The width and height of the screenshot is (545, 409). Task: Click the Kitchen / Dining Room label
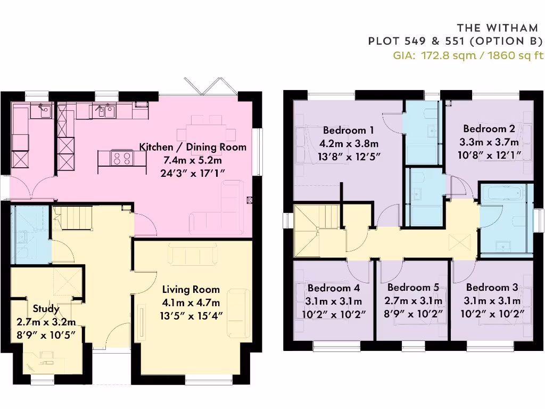click(x=193, y=147)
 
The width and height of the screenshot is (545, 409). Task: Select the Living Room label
click(x=191, y=290)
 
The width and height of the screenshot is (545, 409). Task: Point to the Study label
click(x=46, y=309)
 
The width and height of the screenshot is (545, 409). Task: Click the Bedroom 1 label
click(x=348, y=130)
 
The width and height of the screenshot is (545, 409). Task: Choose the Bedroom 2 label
click(x=489, y=128)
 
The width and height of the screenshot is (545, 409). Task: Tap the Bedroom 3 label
click(x=492, y=288)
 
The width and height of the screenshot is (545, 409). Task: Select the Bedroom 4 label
click(x=334, y=288)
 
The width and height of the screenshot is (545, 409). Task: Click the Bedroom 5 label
click(x=413, y=288)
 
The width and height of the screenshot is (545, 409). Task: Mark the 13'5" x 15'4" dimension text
click(x=191, y=315)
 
